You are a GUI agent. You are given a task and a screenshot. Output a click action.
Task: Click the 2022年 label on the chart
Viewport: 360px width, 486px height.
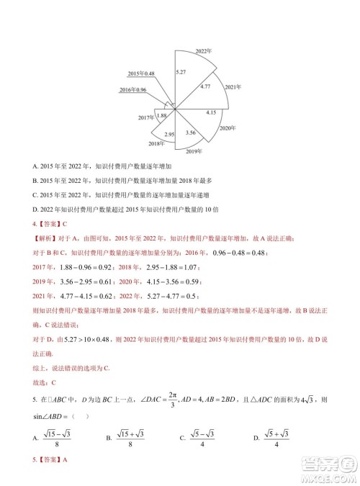tap(204, 51)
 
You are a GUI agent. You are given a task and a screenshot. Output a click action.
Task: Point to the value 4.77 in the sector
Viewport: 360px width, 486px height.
tap(205, 86)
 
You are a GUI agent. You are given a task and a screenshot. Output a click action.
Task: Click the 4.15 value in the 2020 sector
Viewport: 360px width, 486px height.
tap(211, 112)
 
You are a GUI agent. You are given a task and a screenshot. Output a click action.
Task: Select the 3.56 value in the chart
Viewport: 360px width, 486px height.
tap(191, 132)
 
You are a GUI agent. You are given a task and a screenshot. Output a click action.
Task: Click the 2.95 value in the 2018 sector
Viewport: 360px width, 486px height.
tap(170, 135)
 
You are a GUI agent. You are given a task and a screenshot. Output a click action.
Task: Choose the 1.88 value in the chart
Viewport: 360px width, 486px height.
tap(162, 115)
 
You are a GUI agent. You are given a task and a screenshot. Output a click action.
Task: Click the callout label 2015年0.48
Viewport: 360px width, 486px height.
tap(141, 74)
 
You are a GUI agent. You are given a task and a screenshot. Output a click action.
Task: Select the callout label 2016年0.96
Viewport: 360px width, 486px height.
tap(132, 90)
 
